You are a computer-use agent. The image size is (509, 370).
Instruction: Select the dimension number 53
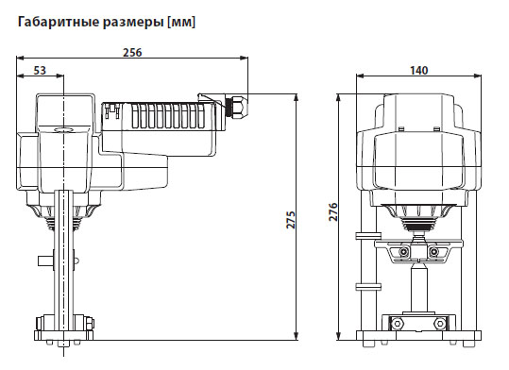(x=41, y=71)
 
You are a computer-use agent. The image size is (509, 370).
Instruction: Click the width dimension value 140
(x=418, y=71)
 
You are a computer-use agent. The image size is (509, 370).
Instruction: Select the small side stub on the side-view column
(x=43, y=261)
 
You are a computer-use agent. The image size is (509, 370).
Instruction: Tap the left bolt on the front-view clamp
(x=404, y=252)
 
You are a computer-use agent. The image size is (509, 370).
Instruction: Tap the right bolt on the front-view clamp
(x=434, y=252)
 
